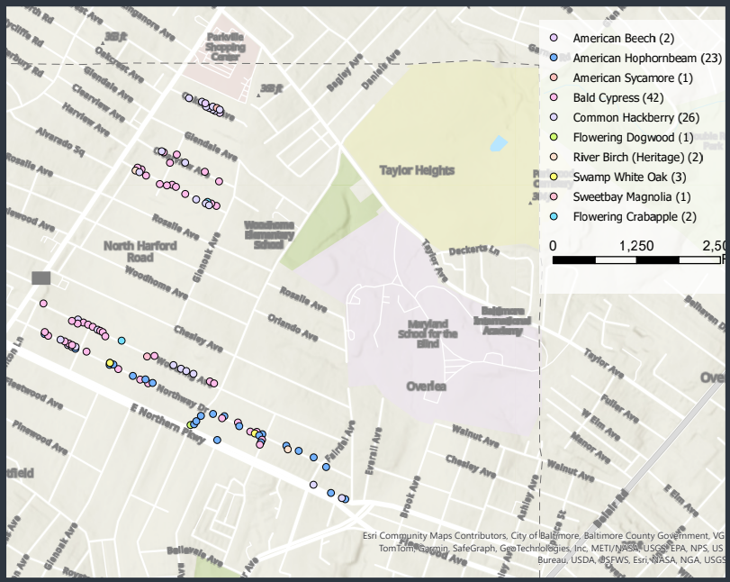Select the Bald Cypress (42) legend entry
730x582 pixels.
617,97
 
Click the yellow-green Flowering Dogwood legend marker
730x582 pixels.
554,137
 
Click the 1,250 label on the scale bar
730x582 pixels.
637,246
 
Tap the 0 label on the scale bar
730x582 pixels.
553,246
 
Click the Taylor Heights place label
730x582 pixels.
417,170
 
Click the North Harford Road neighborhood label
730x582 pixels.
140,251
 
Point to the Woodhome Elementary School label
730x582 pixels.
269,234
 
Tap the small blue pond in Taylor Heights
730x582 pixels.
497,143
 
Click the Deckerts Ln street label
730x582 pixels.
474,250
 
